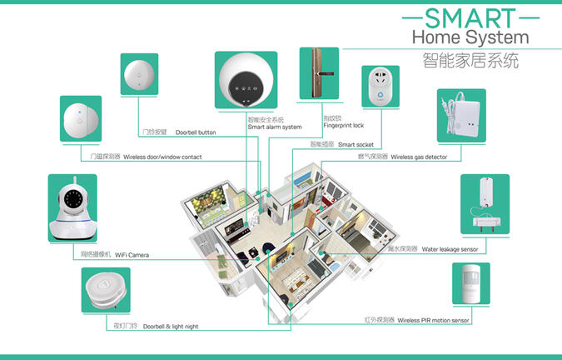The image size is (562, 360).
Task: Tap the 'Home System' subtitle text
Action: point(470,37)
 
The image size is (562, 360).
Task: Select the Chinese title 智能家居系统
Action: point(470,60)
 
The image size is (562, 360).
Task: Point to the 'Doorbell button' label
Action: point(195,132)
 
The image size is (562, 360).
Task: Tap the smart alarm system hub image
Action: point(246,81)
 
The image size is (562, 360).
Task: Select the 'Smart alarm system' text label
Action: point(274,127)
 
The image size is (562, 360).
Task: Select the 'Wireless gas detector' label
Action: point(425,157)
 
